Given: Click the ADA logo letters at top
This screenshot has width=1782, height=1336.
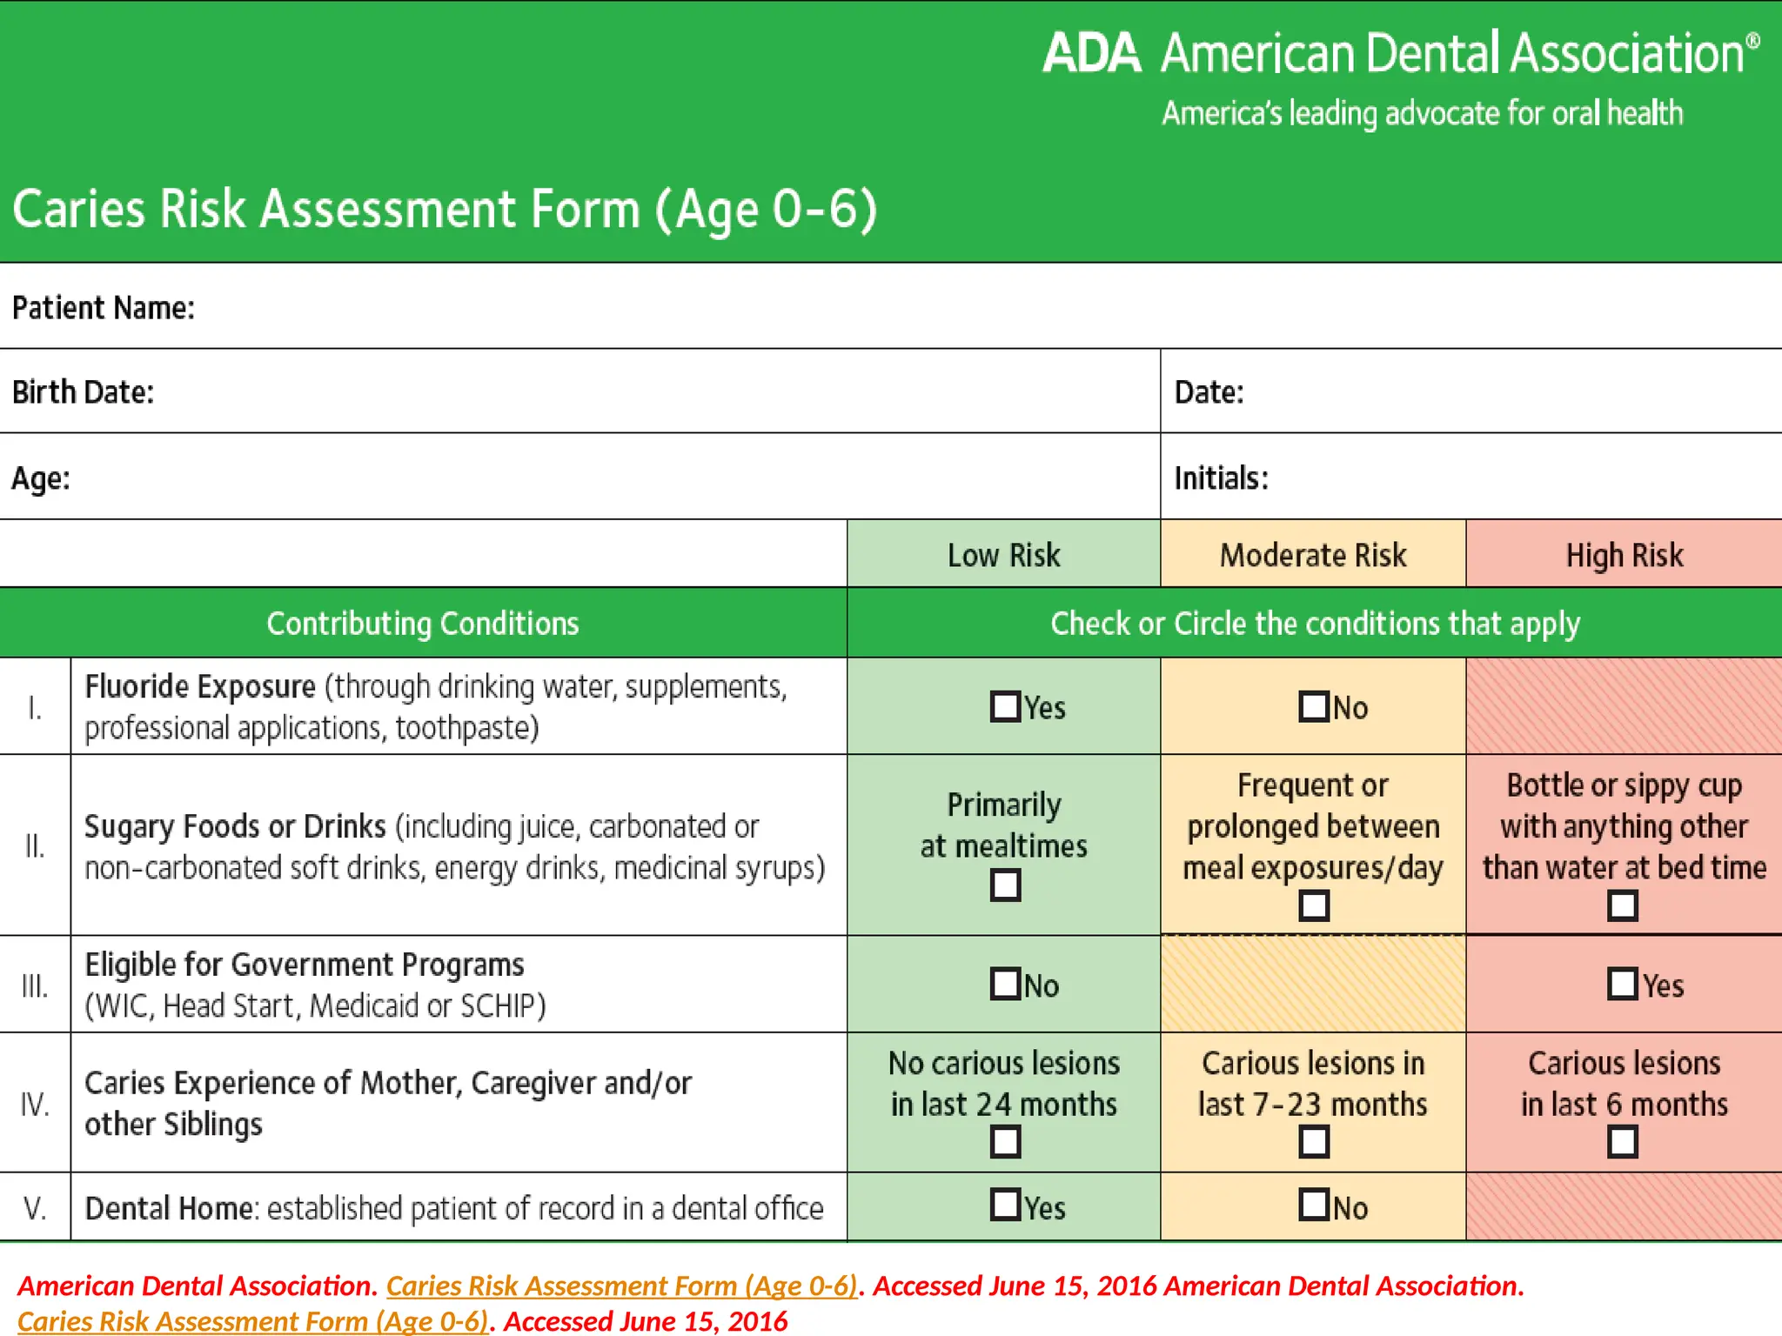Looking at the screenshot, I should coord(1091,54).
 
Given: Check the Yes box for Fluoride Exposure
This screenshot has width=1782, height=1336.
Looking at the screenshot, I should coord(1005,706).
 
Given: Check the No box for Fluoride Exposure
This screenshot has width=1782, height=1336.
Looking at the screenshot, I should coord(1314,706).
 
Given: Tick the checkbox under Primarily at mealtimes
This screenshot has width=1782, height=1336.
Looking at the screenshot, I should coord(1005,885).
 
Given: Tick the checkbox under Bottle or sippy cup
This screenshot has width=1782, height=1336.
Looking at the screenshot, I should coord(1623,905).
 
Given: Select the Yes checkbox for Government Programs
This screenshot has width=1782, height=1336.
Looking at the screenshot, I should coord(1623,984).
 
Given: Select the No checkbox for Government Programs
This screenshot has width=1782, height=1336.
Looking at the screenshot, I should coord(1005,984).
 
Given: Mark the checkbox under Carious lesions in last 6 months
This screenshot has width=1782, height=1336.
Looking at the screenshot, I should coord(1623,1141).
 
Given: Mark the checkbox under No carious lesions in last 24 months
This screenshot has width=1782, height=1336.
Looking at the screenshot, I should coord(1005,1141).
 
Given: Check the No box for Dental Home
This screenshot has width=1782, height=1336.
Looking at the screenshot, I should coord(1314,1205).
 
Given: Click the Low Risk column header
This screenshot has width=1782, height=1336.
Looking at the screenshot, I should coord(1003,555).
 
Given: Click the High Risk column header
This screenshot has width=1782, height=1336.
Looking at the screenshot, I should coord(1624,555).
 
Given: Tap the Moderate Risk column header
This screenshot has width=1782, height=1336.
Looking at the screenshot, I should coord(1312,555).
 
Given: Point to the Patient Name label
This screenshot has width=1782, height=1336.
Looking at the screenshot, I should coord(103,308).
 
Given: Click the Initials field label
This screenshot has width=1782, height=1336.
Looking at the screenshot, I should coord(1221,478).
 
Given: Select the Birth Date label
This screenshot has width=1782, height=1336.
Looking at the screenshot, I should coord(83,392).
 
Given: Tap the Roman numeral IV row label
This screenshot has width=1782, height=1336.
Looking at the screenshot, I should coord(35,1104).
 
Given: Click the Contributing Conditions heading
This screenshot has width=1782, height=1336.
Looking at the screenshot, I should coord(422,624).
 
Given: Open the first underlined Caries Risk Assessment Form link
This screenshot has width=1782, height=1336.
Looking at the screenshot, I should coord(621,1286).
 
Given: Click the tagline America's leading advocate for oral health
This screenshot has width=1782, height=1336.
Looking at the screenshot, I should coord(1422,114).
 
